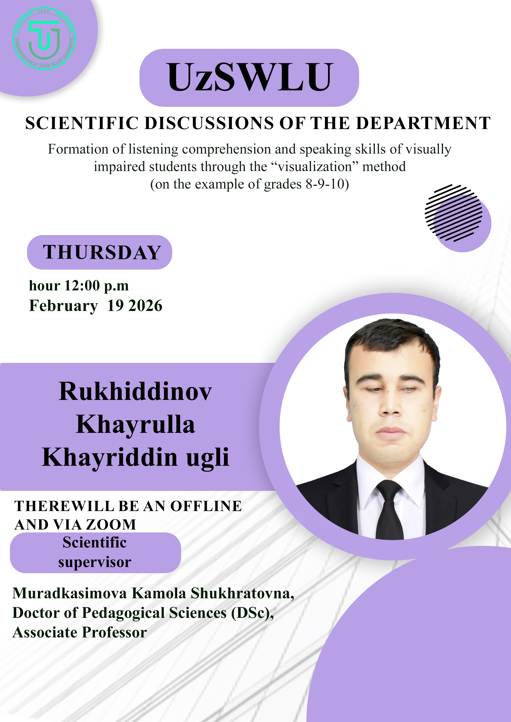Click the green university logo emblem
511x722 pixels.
(x=44, y=38)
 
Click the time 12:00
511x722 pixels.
(x=82, y=286)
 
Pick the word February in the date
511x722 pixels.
(x=63, y=306)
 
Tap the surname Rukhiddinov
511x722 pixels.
(x=135, y=392)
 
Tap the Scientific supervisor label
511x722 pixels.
(x=95, y=552)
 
